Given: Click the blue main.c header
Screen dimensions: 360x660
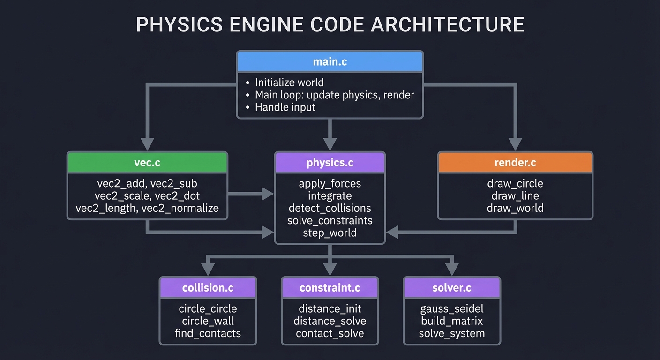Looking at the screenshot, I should (330, 61).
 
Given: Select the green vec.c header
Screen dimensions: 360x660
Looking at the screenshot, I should (148, 163).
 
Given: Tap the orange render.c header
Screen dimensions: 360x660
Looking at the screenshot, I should (515, 163).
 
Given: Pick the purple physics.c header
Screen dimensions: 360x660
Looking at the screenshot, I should (330, 163).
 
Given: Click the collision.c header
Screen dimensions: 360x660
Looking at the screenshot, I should (208, 287).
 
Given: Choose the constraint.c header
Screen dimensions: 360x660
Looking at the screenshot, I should (330, 287).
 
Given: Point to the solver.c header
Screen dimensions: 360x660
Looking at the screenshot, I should (451, 287).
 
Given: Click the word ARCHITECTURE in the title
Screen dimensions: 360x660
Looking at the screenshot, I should (447, 24).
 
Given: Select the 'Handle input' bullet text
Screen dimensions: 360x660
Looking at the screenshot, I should (285, 107).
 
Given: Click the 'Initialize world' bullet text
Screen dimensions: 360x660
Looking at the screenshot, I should (289, 82).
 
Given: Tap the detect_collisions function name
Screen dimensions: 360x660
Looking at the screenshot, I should (330, 208).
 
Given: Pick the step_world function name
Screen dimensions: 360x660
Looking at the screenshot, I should (330, 233).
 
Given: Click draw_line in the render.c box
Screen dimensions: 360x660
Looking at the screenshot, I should (515, 196).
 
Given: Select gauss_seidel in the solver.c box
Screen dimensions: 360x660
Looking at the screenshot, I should (451, 309).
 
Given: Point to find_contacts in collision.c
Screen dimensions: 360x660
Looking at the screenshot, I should (208, 333).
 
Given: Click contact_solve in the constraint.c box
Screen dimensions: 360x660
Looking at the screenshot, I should (330, 333).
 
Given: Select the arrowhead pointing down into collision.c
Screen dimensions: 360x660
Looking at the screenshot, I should (208, 269).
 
